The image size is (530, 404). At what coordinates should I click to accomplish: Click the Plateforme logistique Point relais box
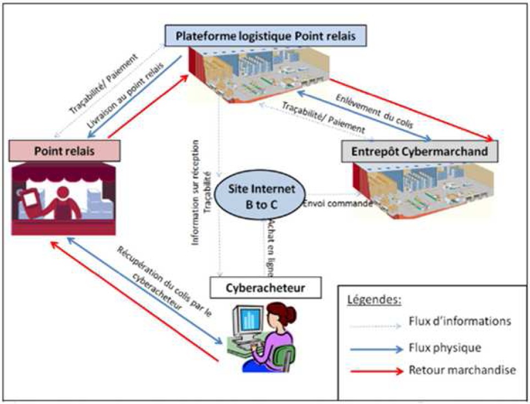pyautogui.click(x=265, y=36)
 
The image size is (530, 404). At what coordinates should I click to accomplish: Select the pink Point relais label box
pyautogui.click(x=65, y=150)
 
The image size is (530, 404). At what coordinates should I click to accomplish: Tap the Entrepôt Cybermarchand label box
pyautogui.click(x=420, y=151)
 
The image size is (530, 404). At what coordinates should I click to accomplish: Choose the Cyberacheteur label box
pyautogui.click(x=266, y=287)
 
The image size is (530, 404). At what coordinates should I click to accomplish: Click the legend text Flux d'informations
pyautogui.click(x=461, y=320)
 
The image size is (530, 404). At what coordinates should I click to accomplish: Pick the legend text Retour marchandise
pyautogui.click(x=462, y=370)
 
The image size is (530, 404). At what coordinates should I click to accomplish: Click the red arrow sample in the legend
pyautogui.click(x=376, y=370)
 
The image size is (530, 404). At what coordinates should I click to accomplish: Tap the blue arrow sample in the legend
pyautogui.click(x=376, y=348)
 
